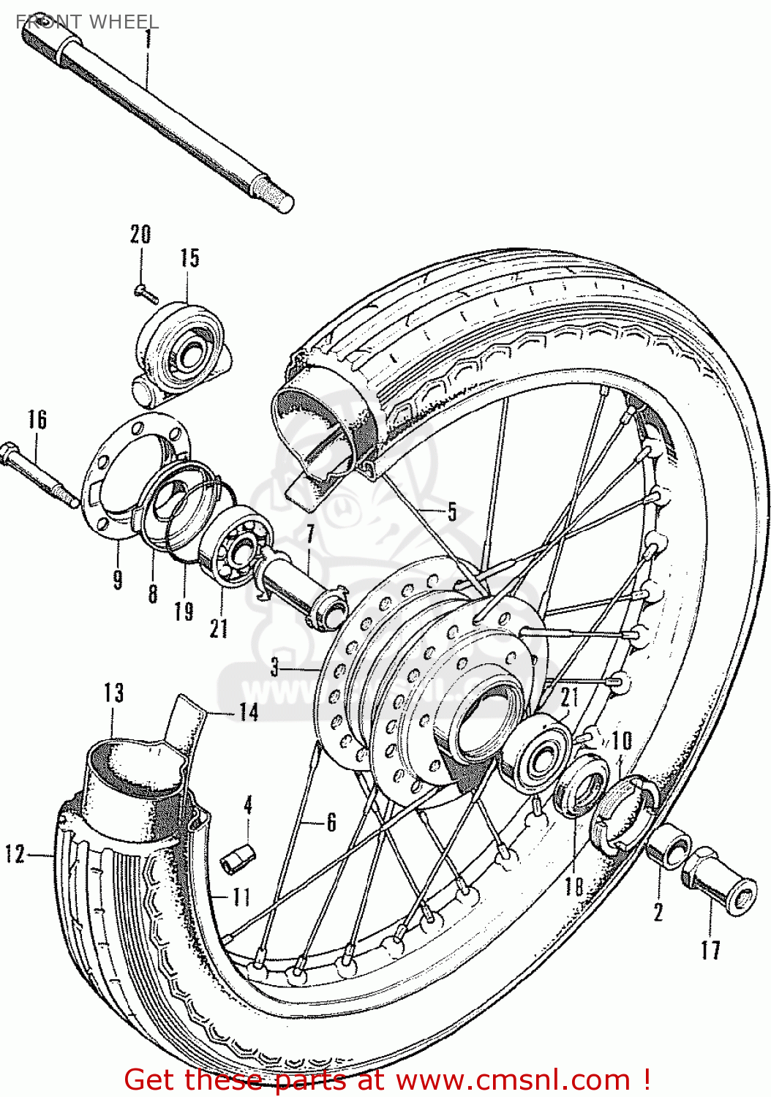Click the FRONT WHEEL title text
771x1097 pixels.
[x=87, y=22]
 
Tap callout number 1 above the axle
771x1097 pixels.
[x=148, y=38]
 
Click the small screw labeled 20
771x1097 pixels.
[x=146, y=293]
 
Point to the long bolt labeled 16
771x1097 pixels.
[x=40, y=474]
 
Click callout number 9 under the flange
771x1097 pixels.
[x=118, y=579]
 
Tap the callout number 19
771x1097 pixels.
[x=184, y=611]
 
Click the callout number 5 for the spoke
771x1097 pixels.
[x=452, y=511]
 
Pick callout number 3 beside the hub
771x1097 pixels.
[x=275, y=668]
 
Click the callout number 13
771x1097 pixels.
[x=113, y=692]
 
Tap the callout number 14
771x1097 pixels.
[x=249, y=712]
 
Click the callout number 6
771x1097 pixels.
[x=331, y=822]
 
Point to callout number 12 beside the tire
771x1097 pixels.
[x=15, y=853]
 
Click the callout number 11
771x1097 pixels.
[x=241, y=897]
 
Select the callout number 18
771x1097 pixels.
[x=574, y=886]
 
